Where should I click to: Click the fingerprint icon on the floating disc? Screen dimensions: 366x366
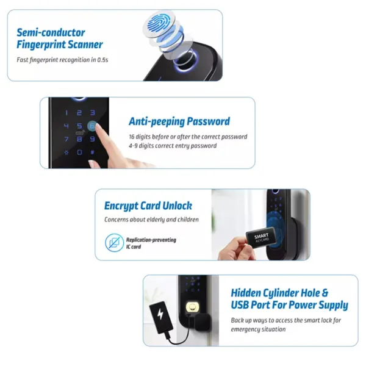[x=159, y=24]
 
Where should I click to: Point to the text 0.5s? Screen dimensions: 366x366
[x=102, y=60]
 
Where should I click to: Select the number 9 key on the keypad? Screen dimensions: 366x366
[x=93, y=139]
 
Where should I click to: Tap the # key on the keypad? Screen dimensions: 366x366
[x=93, y=152]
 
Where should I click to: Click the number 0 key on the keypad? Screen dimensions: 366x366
[x=79, y=152]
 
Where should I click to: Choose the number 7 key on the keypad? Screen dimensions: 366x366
[x=66, y=139]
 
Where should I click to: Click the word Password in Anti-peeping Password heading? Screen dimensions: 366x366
[x=208, y=121]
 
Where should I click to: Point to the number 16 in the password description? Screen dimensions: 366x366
[x=132, y=137]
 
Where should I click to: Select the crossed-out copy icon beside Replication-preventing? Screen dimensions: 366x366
[x=115, y=243]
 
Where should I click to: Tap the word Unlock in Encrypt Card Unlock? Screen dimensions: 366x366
[x=177, y=206]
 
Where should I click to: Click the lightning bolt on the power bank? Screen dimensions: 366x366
[x=160, y=314]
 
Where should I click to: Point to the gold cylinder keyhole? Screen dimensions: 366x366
[x=192, y=307]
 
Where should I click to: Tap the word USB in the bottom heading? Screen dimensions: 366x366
[x=240, y=305]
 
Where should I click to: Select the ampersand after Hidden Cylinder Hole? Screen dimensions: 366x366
[x=325, y=293]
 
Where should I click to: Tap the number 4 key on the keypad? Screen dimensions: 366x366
[x=66, y=126]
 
